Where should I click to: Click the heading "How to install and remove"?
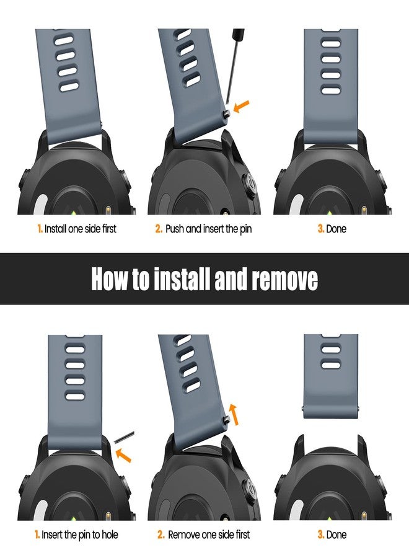pos(205,279)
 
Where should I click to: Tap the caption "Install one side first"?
pos(81,228)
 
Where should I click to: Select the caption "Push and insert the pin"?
pos(208,229)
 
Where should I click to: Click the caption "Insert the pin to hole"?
pos(80,534)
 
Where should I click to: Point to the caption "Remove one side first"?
pos(209,534)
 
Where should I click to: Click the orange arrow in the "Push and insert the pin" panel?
pos(242,106)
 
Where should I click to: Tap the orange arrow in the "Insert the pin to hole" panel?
pos(123,455)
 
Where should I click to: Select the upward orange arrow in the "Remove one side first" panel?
pos(233,415)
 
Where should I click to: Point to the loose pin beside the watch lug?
pos(124,436)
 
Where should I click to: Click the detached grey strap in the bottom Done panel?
pos(331,376)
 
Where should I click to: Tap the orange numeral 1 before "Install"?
pos(40,228)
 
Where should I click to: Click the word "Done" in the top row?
pos(336,229)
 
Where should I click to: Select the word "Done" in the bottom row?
pos(336,534)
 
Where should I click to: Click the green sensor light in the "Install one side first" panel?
pos(73,213)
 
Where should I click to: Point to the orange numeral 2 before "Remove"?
pos(161,534)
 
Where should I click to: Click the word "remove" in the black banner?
pos(285,279)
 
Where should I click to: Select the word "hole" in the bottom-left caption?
pos(110,534)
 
